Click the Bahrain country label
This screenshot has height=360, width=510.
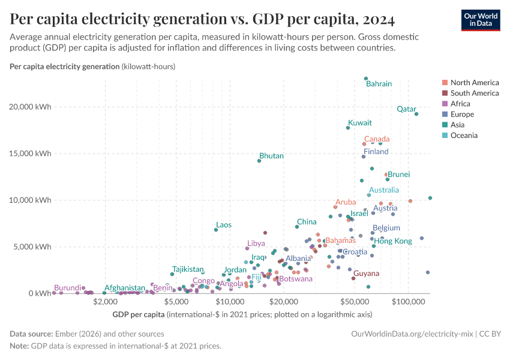coord(379,84)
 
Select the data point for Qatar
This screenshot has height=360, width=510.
coord(416,114)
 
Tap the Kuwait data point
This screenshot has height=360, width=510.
coord(348,128)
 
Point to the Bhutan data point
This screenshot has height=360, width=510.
coord(259,161)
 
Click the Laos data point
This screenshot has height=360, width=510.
coord(216,230)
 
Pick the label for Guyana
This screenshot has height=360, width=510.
coord(365,274)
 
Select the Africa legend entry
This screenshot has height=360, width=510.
coord(461,104)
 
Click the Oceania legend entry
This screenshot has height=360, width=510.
coord(464,136)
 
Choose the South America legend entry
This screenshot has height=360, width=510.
coord(474,93)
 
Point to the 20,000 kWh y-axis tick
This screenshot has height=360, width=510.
coord(35,107)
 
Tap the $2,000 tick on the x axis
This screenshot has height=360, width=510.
coord(104,302)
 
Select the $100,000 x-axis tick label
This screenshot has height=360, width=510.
coord(409,302)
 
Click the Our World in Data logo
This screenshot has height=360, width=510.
coord(481,20)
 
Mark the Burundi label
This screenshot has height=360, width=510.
coord(67,288)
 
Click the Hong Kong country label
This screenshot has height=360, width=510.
coord(393,241)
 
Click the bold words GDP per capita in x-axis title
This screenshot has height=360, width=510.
coord(139,314)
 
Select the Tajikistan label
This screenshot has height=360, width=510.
coord(188,269)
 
